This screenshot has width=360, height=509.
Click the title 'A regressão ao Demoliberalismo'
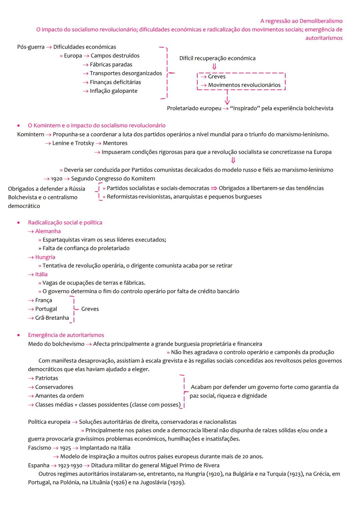coord(301,21)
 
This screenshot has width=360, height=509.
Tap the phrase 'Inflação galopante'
coord(113,91)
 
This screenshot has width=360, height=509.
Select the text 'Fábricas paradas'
coord(111,65)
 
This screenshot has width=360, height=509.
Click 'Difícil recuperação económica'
coord(217,58)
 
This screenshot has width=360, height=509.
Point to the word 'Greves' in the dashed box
coord(217,77)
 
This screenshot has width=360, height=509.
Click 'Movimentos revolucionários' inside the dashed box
coord(244,85)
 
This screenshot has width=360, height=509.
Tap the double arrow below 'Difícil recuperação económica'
coord(214,67)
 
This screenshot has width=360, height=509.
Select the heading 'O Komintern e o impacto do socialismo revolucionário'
coord(97,126)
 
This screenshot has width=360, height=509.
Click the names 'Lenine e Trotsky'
coord(73,143)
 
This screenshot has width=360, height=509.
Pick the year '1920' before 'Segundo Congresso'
coord(57,179)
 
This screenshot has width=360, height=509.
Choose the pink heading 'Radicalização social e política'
coord(65,223)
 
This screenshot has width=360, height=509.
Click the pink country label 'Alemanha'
coord(48,231)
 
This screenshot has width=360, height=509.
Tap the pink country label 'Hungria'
coord(45,257)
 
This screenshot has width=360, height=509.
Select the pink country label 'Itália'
coord(41,274)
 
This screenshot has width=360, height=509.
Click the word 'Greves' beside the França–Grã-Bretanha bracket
coord(90,309)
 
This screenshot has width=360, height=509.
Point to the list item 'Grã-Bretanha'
coord(52,318)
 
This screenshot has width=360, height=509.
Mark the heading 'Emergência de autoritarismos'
coord(66,335)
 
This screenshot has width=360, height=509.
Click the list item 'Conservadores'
coord(54,387)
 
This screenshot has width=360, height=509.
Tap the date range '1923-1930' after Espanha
coord(70,466)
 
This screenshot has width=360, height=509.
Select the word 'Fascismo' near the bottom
coord(40,448)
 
